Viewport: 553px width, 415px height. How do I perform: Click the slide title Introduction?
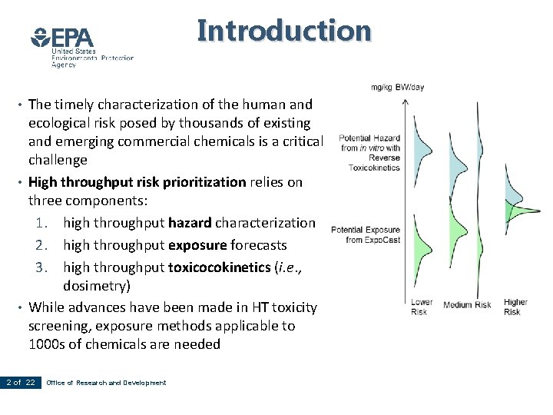point(284,31)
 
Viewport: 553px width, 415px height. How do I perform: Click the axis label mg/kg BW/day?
point(397,88)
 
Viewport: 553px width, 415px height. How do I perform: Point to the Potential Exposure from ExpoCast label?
point(365,235)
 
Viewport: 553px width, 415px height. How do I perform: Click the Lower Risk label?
point(422,307)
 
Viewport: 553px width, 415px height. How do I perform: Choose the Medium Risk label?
point(467,305)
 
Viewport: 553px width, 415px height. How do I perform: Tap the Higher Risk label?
point(515,307)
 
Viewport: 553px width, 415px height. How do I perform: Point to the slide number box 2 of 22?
point(21,383)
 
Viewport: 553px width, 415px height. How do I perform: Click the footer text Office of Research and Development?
point(106,383)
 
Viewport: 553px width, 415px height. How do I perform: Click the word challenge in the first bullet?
point(58,160)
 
